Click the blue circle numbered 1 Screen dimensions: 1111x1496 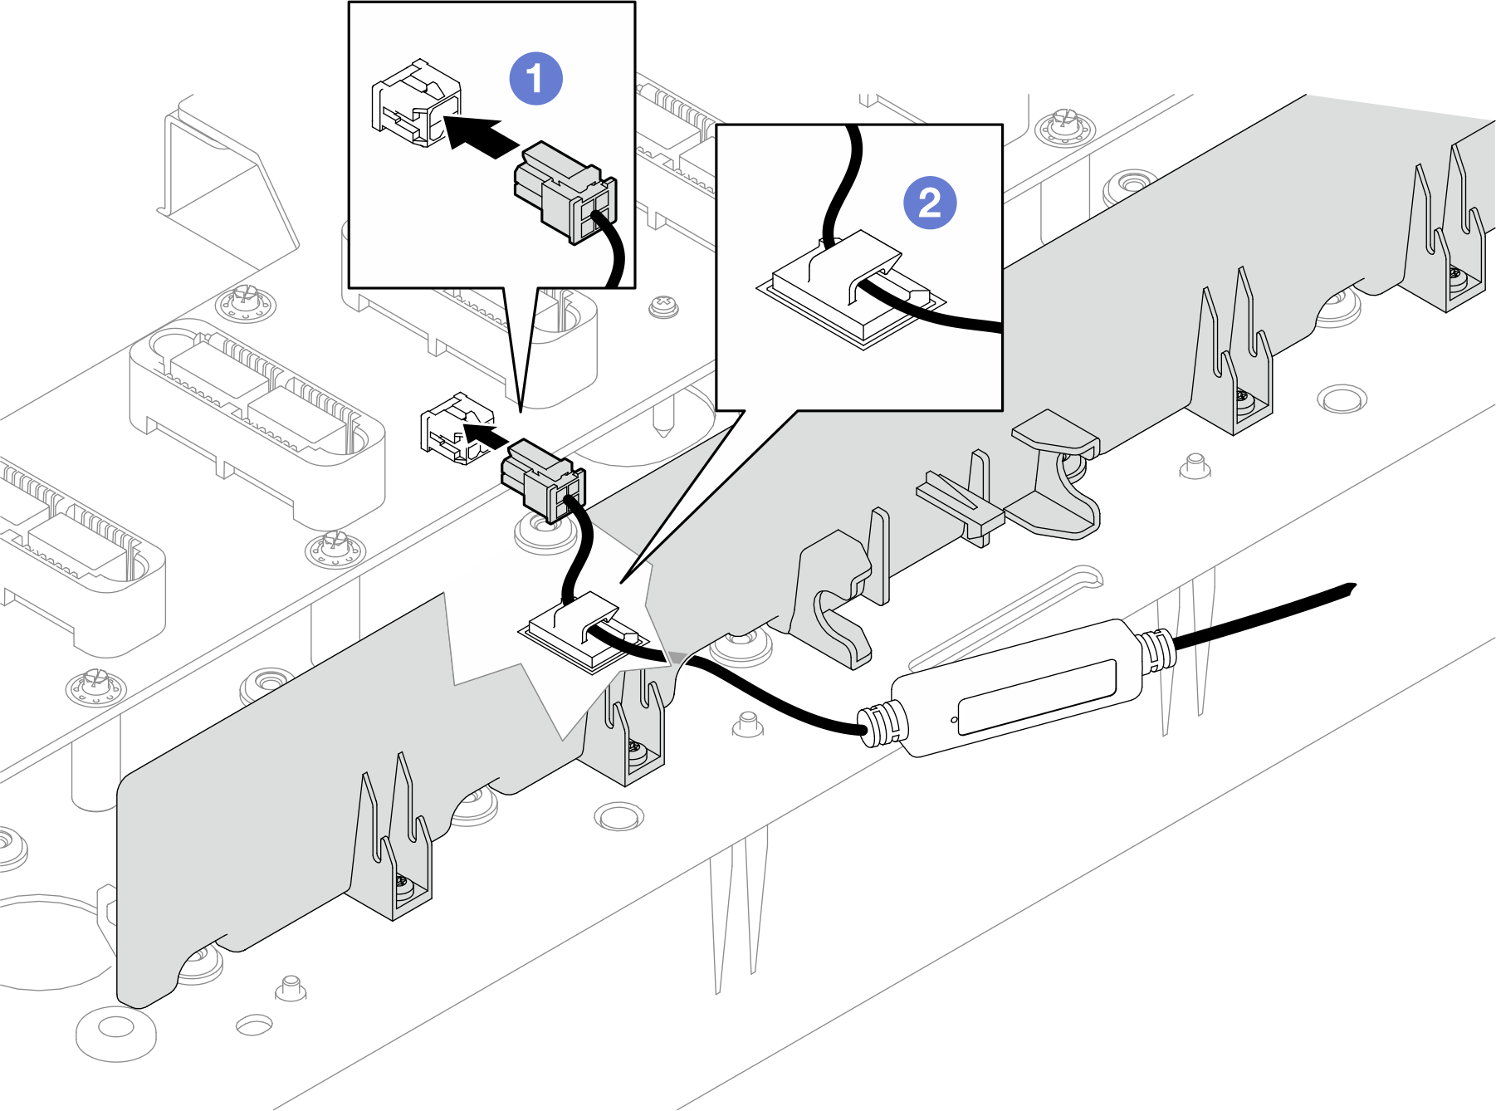(x=535, y=79)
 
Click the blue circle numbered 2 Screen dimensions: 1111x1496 (x=930, y=203)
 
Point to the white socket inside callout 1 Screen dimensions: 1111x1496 (x=415, y=104)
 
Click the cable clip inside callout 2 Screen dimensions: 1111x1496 (x=851, y=286)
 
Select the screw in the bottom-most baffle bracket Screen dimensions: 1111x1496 (x=403, y=881)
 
